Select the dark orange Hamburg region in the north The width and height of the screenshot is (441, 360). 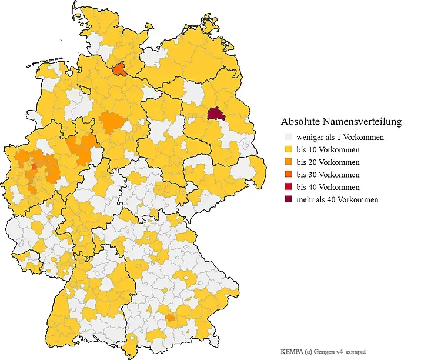[x=119, y=70]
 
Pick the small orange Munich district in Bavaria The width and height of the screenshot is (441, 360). [x=171, y=318]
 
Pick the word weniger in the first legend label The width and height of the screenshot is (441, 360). [x=309, y=138]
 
